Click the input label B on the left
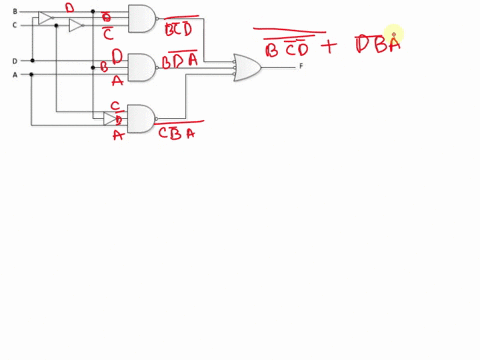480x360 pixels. coord(14,11)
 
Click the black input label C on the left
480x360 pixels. coord(14,24)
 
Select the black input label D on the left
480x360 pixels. coord(14,61)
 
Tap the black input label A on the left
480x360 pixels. coord(14,74)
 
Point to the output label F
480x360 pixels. coord(301,66)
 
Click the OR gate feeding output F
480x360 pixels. coord(247,67)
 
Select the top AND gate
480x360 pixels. coord(142,18)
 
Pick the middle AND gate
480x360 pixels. coord(142,67)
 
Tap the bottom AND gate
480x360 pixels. coord(142,118)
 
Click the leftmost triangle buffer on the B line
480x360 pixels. coord(45,18)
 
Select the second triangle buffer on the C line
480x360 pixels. coord(75,25)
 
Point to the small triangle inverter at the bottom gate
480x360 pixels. coord(109,118)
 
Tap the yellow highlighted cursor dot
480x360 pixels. coord(393,36)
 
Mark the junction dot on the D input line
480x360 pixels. coord(32,61)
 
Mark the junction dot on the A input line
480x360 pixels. coord(32,74)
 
